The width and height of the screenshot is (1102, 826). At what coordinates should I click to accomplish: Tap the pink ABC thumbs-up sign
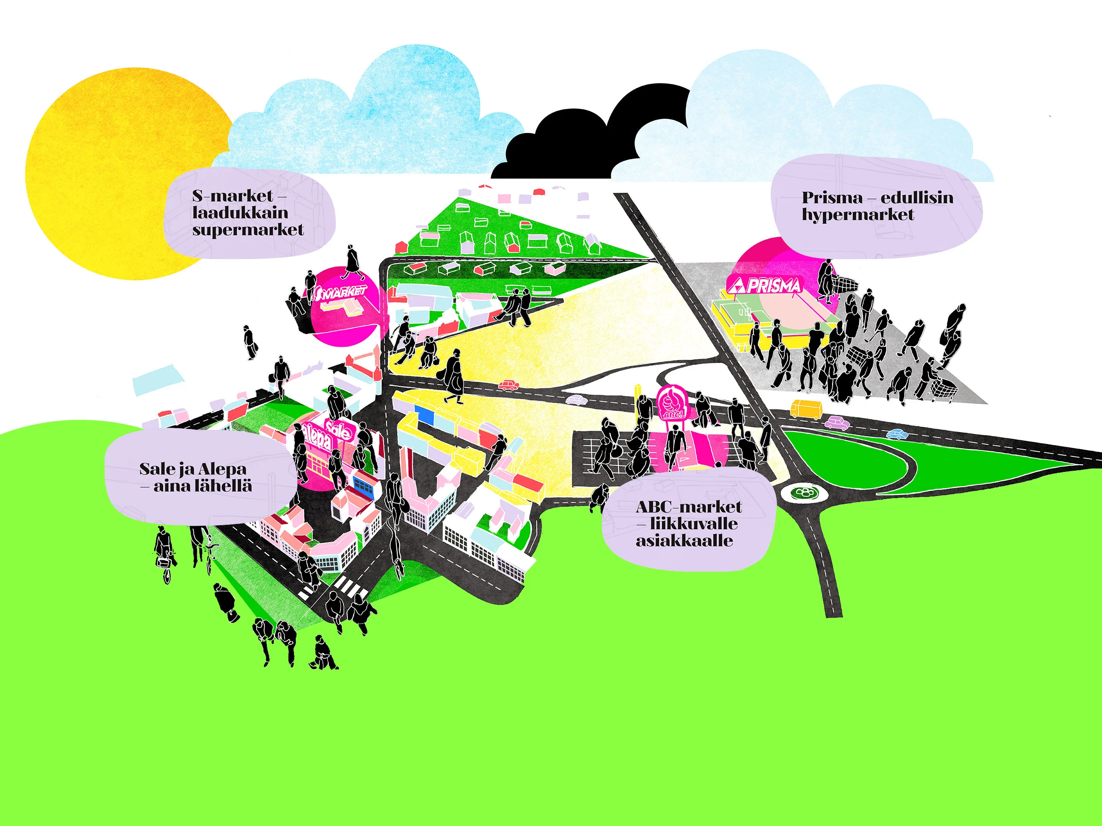pos(672,402)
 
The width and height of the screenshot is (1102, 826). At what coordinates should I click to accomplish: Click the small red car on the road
pos(508,385)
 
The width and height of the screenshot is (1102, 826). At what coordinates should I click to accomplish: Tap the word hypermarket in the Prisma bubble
pos(858,215)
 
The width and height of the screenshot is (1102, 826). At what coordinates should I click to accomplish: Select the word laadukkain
pos(240,213)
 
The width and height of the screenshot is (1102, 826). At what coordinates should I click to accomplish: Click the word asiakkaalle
pos(684,540)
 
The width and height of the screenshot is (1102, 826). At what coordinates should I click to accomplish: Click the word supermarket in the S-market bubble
pos(248,230)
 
